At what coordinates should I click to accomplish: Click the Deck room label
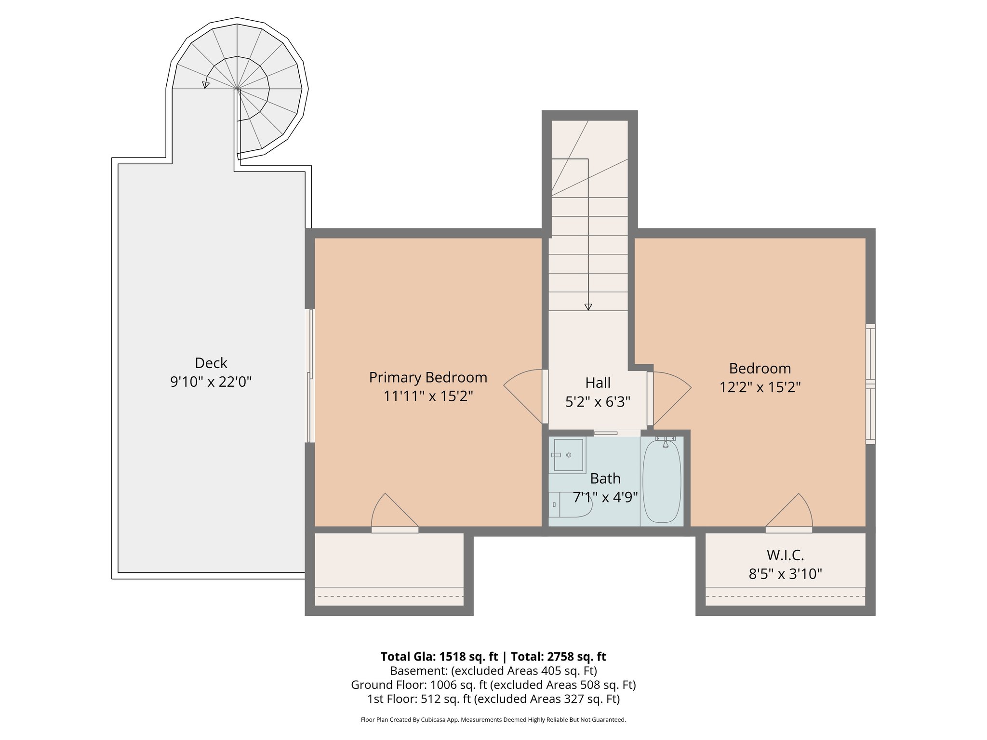(211, 363)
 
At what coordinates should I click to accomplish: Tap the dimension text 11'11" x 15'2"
(428, 396)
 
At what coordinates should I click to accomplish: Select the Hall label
(598, 383)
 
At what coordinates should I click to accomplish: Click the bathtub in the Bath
(662, 481)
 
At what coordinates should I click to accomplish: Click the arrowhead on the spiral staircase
(206, 85)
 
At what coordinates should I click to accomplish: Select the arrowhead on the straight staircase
(588, 307)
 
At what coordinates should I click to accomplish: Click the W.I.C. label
(785, 555)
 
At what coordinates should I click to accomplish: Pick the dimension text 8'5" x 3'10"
(785, 574)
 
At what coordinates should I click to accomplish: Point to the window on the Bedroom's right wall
(870, 384)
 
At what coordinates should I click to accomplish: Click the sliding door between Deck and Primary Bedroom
(310, 376)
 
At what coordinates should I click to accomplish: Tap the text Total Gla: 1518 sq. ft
(439, 657)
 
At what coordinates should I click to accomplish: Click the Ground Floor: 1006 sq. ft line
(493, 685)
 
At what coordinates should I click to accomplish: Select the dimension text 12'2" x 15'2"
(760, 387)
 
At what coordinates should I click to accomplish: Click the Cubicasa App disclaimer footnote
(493, 720)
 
